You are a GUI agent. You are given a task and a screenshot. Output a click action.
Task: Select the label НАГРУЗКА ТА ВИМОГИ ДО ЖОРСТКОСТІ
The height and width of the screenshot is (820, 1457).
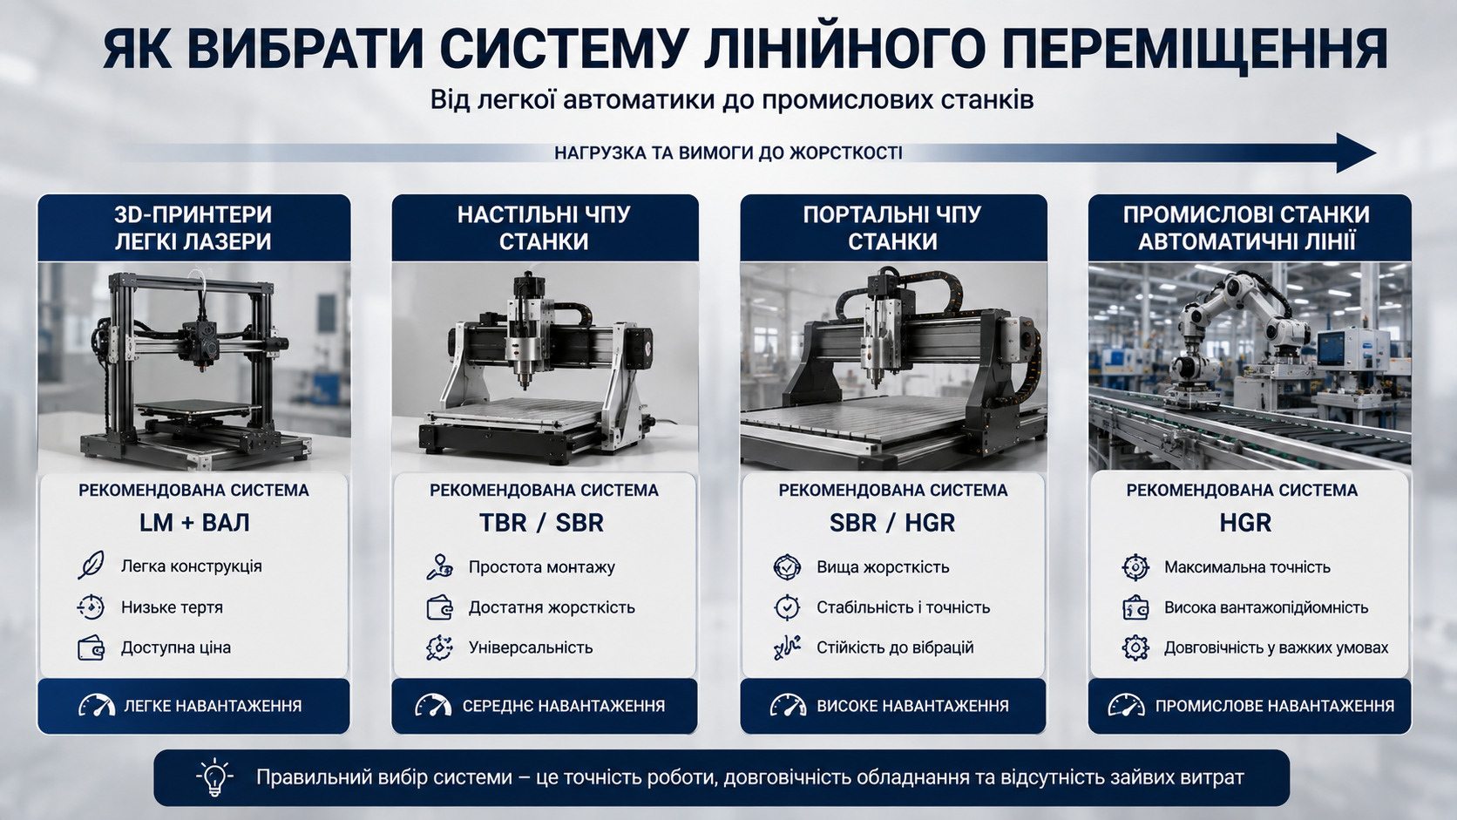click(x=728, y=152)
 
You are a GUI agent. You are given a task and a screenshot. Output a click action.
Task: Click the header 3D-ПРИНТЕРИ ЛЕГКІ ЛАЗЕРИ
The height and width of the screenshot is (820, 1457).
click(x=193, y=227)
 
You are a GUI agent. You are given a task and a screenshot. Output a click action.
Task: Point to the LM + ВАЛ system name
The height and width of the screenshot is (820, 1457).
click(x=194, y=523)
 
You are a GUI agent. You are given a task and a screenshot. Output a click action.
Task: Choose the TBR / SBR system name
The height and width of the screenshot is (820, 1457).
click(x=541, y=523)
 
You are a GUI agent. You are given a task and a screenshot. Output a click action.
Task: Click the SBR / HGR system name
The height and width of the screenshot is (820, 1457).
click(x=892, y=523)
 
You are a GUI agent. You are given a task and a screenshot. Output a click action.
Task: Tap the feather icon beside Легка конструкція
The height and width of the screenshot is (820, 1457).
click(x=91, y=565)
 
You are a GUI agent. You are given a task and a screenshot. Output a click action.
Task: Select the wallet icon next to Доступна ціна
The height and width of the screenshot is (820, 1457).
click(x=91, y=647)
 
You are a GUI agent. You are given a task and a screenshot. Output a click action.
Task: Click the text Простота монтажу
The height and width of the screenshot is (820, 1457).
click(x=541, y=567)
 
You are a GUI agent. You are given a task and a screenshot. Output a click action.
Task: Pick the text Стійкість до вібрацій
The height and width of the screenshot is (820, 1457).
click(x=895, y=647)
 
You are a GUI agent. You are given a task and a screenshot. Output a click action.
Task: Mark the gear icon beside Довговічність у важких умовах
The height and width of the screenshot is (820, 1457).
click(x=1135, y=647)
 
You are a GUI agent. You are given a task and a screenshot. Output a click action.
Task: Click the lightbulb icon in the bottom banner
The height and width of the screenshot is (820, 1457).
click(x=214, y=777)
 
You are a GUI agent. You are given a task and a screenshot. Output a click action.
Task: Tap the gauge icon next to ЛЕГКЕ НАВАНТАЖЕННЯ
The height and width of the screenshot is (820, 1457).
click(x=96, y=706)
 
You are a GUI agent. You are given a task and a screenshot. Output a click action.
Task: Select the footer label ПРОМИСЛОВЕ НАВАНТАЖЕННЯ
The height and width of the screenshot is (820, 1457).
click(x=1274, y=706)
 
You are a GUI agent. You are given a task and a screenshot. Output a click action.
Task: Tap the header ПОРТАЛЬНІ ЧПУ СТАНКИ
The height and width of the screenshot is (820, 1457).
click(x=892, y=227)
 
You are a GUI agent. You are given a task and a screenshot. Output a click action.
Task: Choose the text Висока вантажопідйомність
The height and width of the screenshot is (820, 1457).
click(x=1266, y=607)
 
